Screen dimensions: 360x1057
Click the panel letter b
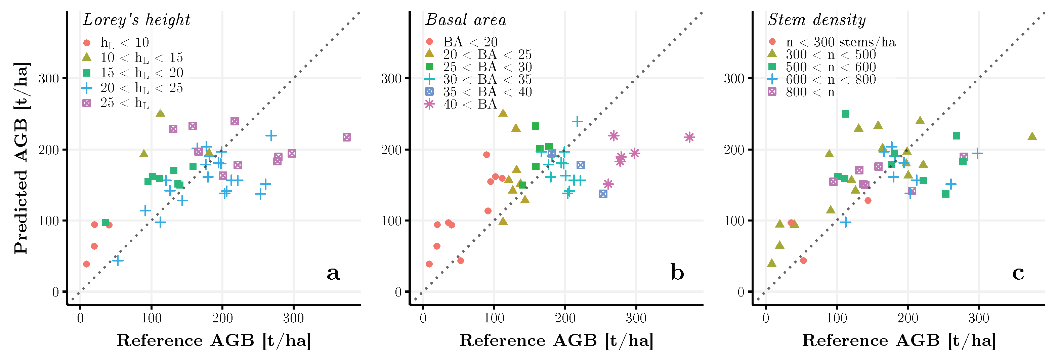(677, 272)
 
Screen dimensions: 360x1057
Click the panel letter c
(1018, 273)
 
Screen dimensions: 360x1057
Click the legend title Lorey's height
(137, 20)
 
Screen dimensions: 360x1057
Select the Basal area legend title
(466, 20)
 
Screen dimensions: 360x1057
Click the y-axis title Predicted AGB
(22, 158)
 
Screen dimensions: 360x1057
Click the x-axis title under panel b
(556, 340)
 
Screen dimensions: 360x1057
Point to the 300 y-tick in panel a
(48, 78)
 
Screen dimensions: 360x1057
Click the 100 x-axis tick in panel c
(837, 318)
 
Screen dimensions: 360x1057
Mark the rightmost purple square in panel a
(347, 137)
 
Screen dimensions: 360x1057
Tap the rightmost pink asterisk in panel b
(689, 137)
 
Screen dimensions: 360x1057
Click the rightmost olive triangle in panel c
(1032, 136)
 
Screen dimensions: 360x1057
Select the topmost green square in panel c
(846, 114)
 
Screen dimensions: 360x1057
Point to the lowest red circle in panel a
(86, 264)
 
